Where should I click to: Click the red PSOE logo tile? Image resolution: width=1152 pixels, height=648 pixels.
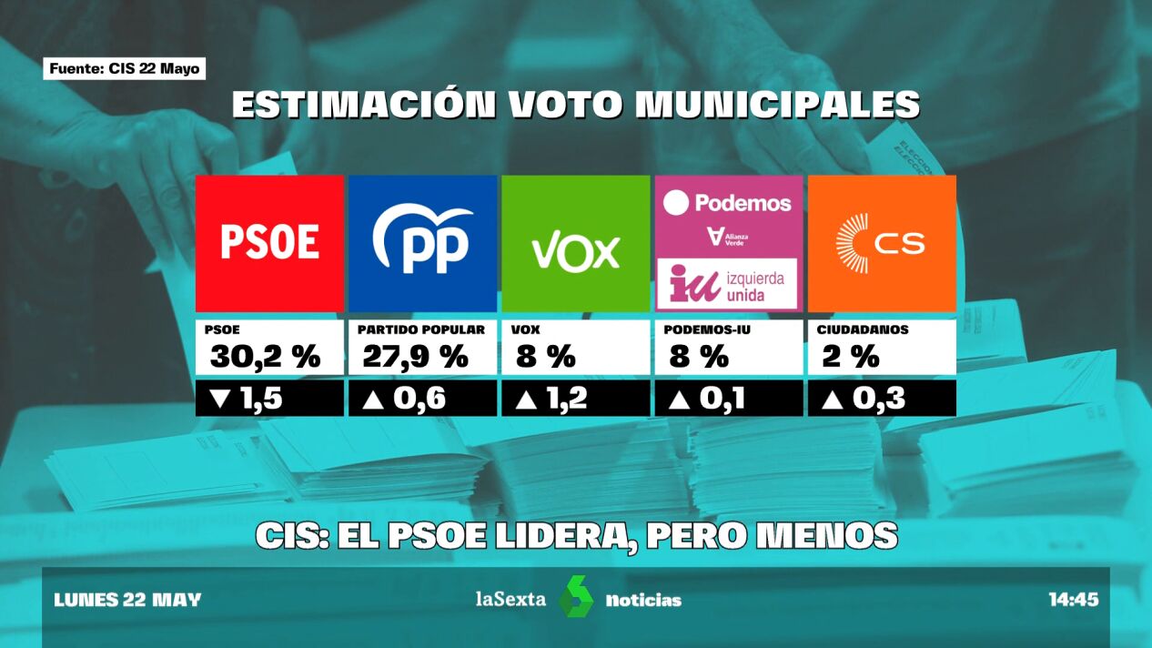point(269,243)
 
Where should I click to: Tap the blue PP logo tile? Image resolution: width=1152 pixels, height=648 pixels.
point(422,243)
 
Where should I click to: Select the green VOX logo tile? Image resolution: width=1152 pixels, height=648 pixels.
point(575,243)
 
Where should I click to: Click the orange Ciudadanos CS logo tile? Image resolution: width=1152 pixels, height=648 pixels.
point(882,243)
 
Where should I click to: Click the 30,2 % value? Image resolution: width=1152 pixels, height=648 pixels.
point(265,358)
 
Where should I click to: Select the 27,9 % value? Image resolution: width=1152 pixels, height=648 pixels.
point(415,358)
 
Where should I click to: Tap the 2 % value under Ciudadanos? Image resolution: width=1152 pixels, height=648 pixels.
point(851,358)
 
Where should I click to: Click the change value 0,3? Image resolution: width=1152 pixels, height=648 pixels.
point(878,399)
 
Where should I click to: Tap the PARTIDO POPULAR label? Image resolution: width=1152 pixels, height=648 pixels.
point(420,329)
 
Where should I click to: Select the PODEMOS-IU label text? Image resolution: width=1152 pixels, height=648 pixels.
point(707,329)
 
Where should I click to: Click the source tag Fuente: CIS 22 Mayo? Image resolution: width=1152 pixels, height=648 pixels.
point(125,69)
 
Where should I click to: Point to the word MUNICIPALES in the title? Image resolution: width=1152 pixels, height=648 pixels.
point(776,106)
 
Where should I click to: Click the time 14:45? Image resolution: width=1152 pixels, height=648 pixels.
point(1073,600)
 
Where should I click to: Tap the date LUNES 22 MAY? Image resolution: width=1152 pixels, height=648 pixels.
point(127,600)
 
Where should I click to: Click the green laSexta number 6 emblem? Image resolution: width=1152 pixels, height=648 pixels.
point(575,597)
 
